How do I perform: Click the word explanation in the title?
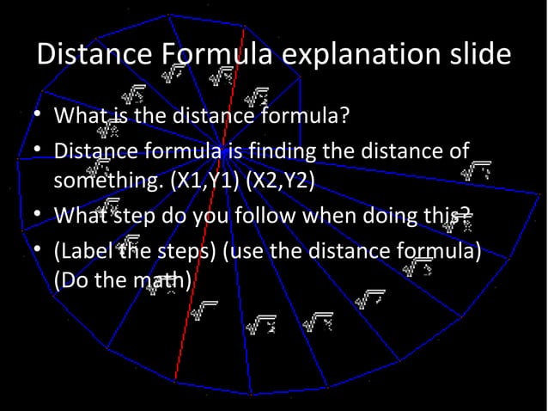click(367, 55)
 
